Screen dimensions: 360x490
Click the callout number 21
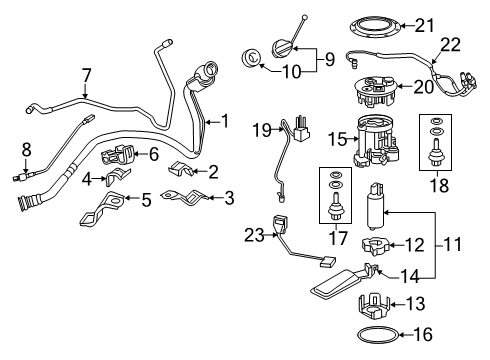coord(453,24)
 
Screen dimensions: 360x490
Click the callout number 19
coord(261,129)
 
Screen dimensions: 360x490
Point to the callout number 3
coord(229,199)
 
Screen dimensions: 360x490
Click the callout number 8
coord(25,150)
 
